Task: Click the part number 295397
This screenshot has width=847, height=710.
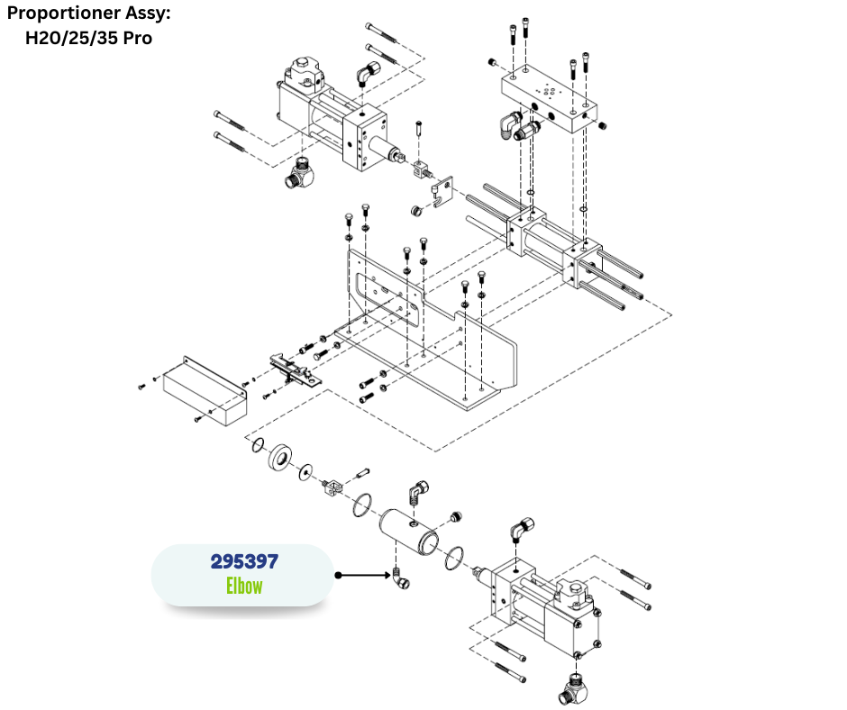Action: tap(244, 561)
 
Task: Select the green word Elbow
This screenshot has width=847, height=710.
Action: tap(244, 586)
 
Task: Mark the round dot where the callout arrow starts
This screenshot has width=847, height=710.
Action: tap(338, 574)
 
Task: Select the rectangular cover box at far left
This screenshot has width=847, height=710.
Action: tap(202, 388)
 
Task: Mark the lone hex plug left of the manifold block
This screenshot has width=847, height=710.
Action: tap(492, 61)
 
